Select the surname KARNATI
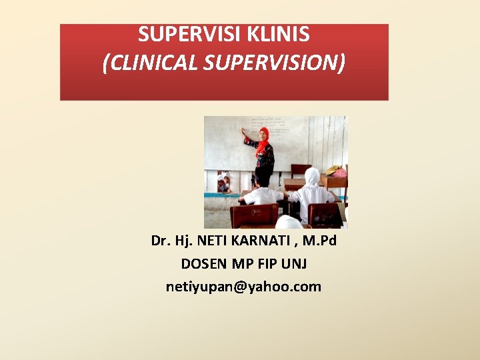point(261,240)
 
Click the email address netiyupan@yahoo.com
point(243,287)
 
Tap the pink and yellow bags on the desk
point(335,171)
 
